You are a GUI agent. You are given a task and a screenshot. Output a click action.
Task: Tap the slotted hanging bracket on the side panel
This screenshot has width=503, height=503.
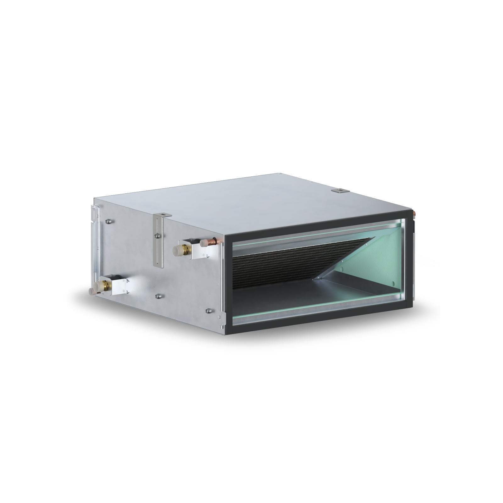[x=159, y=242]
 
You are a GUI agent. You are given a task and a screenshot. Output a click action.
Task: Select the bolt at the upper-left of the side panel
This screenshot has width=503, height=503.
[x=108, y=221]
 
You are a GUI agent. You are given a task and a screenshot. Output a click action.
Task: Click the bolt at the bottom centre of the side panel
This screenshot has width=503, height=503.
[x=158, y=296]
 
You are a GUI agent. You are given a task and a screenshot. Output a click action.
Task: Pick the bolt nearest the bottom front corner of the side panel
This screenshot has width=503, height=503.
[x=208, y=312]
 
